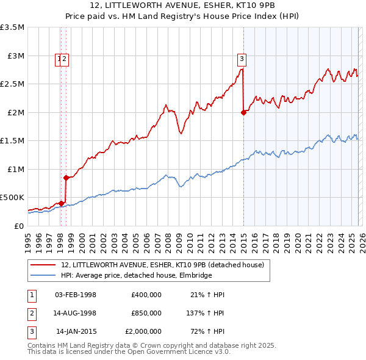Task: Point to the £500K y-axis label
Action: click(12, 198)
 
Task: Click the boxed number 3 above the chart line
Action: click(242, 59)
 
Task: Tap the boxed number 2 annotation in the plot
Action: click(65, 59)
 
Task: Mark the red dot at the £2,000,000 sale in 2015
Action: click(243, 112)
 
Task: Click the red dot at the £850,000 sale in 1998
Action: click(66, 178)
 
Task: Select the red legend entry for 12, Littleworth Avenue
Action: click(162, 265)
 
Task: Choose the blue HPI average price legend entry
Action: click(136, 276)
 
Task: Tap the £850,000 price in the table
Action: click(146, 313)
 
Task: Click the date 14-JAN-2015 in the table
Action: click(76, 331)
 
